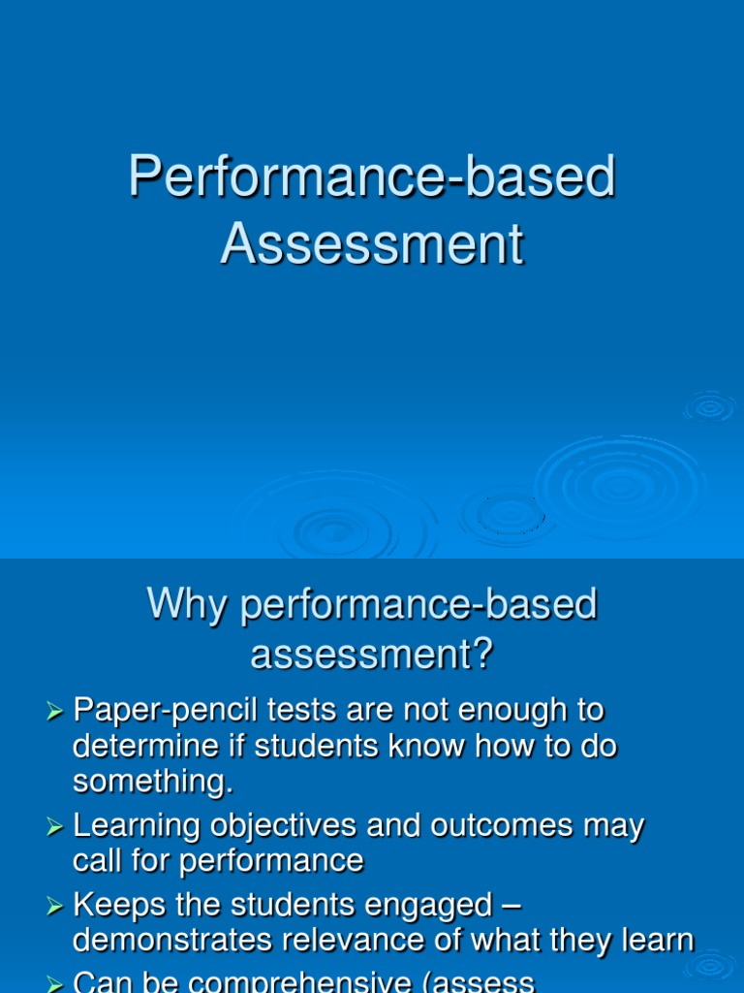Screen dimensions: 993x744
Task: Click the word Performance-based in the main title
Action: tap(372, 177)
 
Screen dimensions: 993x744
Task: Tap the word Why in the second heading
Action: tap(188, 605)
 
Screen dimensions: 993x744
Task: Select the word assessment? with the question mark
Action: tap(372, 655)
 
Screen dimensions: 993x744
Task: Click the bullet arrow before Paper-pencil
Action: tap(54, 713)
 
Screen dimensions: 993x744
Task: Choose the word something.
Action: tap(152, 783)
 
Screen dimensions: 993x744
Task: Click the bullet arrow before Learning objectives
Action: tap(54, 827)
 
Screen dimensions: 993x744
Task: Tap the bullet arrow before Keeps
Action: tap(54, 907)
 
